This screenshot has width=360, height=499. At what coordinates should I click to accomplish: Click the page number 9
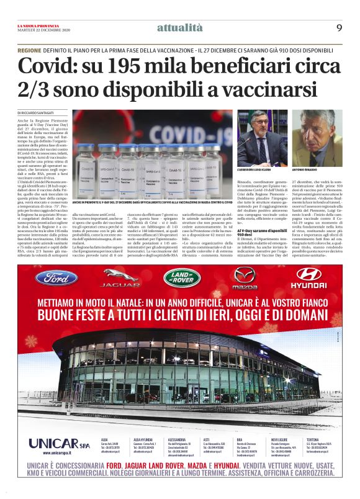339,27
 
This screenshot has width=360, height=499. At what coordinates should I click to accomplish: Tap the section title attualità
179,27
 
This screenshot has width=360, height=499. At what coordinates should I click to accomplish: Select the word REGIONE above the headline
30,50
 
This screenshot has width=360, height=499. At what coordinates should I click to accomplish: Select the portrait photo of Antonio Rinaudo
317,138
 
